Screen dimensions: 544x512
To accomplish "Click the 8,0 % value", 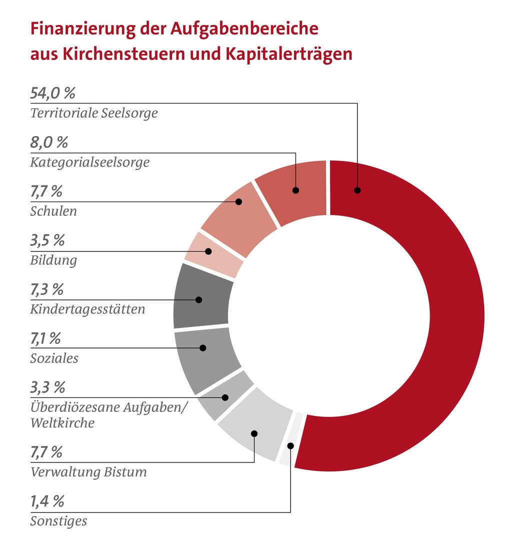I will coord(49,143).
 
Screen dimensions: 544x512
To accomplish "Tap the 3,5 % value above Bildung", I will coord(47,241).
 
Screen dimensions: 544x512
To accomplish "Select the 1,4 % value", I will coord(47,501).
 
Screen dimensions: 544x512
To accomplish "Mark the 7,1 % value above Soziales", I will coord(46,339).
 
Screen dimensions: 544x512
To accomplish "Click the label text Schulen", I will coord(53,211).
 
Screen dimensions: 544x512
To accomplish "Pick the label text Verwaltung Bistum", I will coord(88,472).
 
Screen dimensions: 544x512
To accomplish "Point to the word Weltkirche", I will coord(62,423).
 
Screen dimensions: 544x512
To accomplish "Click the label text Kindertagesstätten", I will coord(87,309).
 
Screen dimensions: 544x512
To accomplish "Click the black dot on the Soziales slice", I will coord(202,348).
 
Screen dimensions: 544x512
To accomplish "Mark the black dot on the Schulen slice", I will coord(238,202).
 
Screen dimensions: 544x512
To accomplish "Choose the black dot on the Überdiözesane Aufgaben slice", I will coord(225,397).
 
